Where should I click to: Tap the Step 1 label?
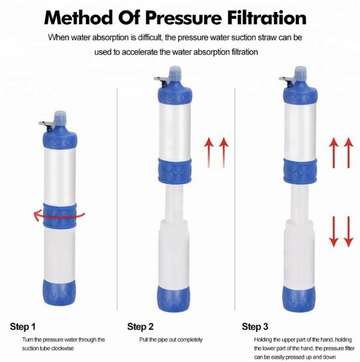coord(23,327)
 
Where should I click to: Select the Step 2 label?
coord(140,327)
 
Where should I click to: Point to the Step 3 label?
coord(255,327)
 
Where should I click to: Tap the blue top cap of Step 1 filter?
coord(59,136)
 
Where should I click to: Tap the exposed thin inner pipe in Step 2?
coord(174,200)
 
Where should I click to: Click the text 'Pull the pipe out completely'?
coord(170,339)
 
